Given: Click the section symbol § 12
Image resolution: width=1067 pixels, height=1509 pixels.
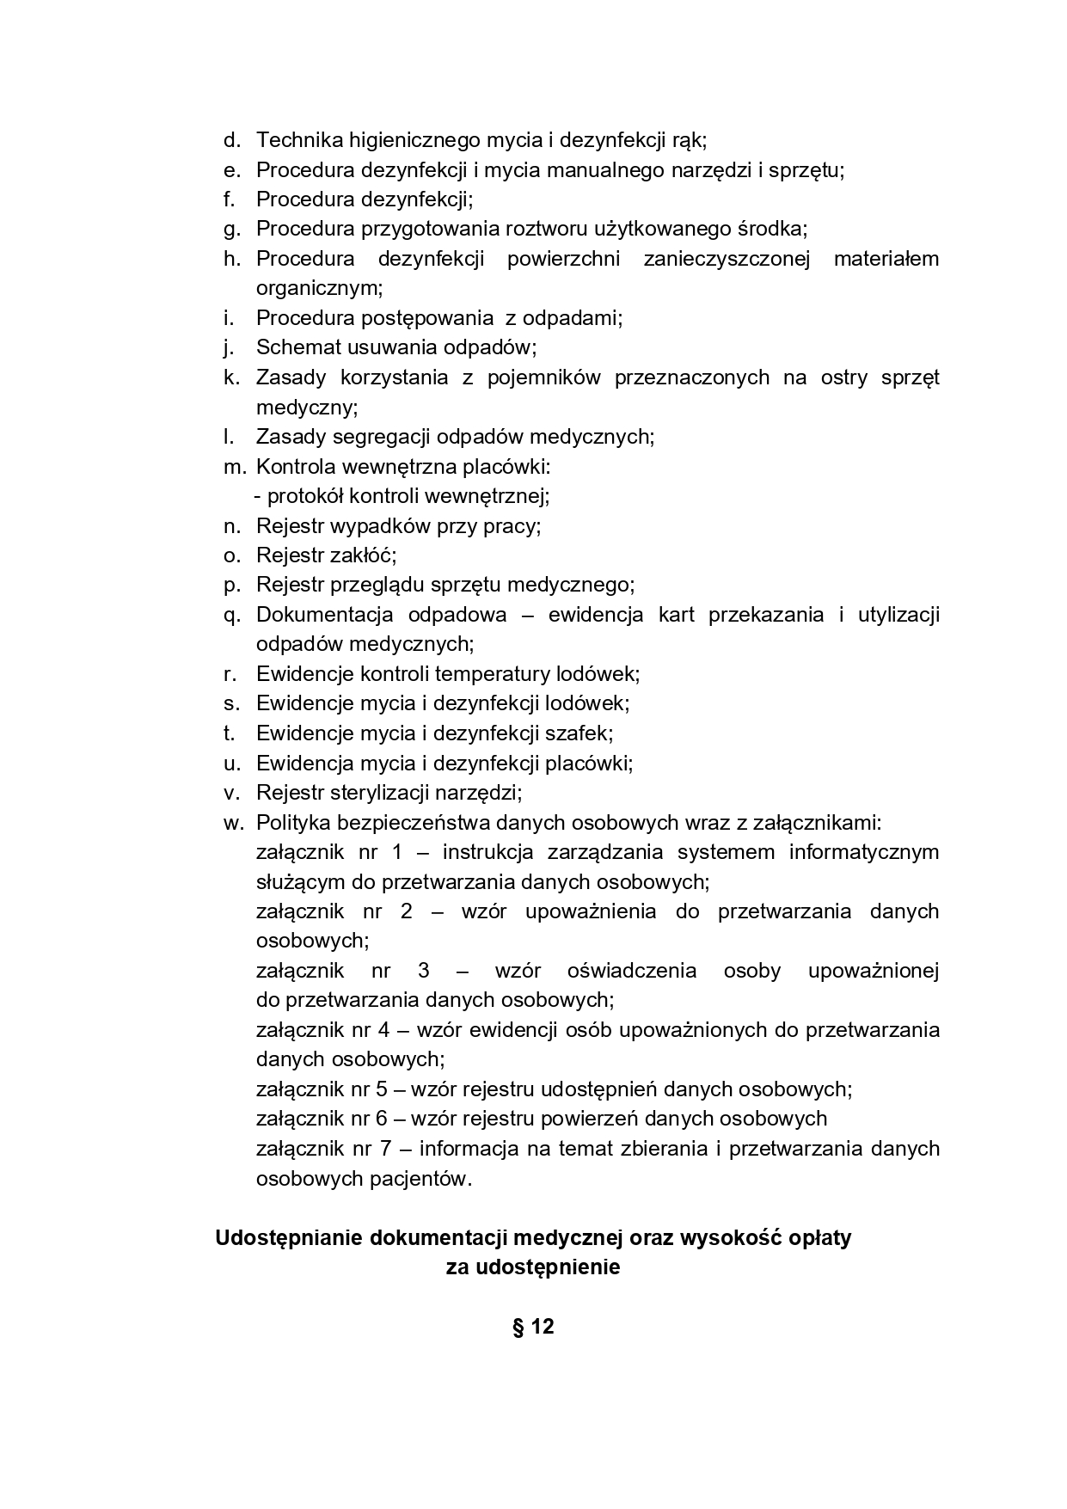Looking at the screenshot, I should tap(533, 1327).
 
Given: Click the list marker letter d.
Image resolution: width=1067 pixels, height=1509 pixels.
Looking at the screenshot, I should tap(230, 140).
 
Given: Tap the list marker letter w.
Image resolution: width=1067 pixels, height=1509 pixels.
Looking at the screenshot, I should tap(233, 823).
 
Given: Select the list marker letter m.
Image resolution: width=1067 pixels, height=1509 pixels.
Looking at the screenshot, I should tap(234, 467).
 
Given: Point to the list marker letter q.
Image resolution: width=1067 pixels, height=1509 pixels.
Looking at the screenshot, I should tap(231, 616).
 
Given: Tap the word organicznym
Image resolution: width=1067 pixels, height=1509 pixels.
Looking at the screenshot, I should tap(318, 288).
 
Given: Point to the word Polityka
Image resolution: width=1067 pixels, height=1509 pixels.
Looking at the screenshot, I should tap(292, 823).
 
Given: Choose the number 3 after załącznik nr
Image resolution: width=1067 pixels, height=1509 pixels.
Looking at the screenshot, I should tap(423, 971).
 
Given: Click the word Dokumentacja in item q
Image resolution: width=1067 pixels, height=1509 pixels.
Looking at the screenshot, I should tap(324, 616).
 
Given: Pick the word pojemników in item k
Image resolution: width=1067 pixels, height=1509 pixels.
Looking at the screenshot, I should tap(544, 377).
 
